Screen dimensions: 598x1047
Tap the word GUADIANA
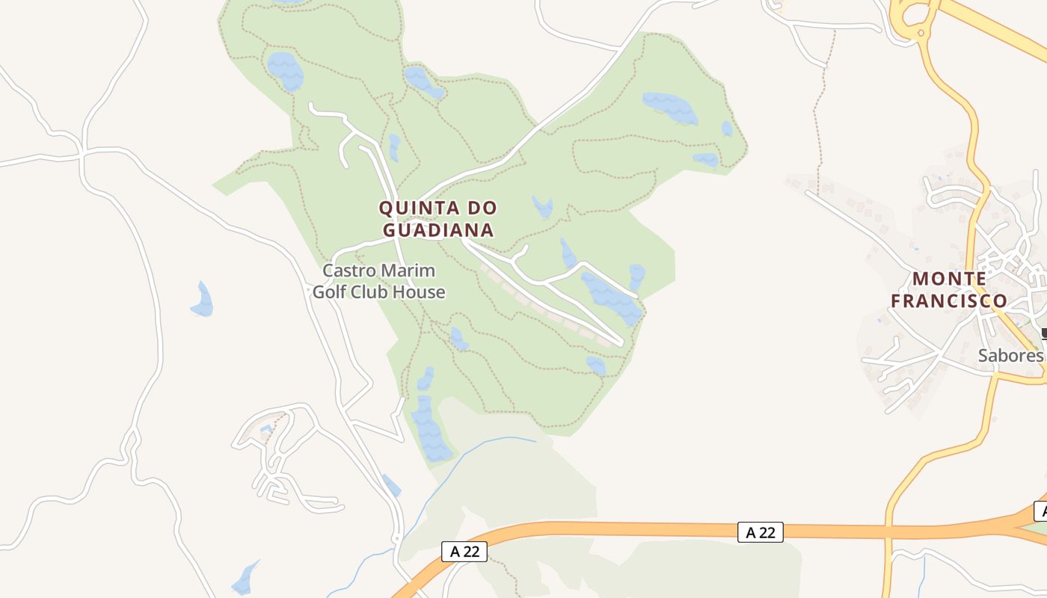pyautogui.click(x=439, y=229)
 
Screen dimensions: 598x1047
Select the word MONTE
pyautogui.click(x=949, y=279)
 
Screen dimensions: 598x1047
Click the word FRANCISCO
pyautogui.click(x=949, y=300)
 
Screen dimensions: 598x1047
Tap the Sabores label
pyautogui.click(x=1010, y=355)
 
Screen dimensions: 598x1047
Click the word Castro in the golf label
pyautogui.click(x=350, y=271)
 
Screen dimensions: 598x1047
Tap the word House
pyautogui.click(x=422, y=292)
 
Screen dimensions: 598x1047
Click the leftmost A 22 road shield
pyautogui.click(x=464, y=552)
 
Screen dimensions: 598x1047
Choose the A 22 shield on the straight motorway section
pyautogui.click(x=761, y=532)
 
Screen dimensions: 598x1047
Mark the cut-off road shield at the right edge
pyautogui.click(x=1040, y=511)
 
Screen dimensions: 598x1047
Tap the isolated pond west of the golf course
pyautogui.click(x=202, y=300)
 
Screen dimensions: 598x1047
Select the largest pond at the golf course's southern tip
pyautogui.click(x=431, y=430)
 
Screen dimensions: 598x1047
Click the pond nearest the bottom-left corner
pyautogui.click(x=245, y=579)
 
